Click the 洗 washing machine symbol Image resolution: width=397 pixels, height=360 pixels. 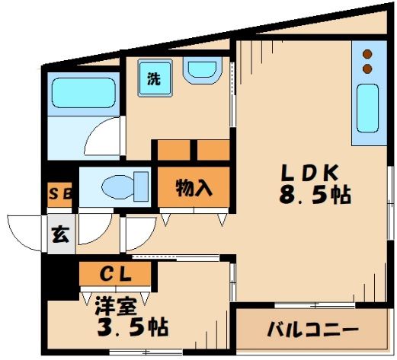coord(155,78)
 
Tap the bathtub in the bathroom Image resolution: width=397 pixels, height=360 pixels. coord(84,93)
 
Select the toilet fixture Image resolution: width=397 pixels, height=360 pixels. coord(125,187)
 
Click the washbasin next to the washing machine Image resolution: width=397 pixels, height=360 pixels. coord(203,70)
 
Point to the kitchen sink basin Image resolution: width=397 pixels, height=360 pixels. coord(367,108)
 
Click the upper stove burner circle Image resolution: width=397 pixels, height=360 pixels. coord(367,54)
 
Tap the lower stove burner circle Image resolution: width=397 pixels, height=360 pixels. coord(367,68)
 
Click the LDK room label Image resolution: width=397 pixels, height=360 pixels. coord(309,173)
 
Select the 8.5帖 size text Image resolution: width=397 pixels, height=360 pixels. coord(315,196)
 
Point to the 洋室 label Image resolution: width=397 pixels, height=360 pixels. coord(117,306)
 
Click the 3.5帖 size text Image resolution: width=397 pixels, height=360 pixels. coord(133,327)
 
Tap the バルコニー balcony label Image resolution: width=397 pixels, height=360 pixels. coord(313,330)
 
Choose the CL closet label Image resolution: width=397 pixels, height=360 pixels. coord(116,274)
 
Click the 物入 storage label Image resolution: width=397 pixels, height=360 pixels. coord(194,188)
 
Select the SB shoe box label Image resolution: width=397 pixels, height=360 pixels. coord(59,195)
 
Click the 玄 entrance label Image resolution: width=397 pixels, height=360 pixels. coord(60,234)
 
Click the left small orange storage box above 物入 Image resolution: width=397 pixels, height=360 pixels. coord(174,150)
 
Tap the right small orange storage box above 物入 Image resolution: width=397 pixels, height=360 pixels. coord(213,150)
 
